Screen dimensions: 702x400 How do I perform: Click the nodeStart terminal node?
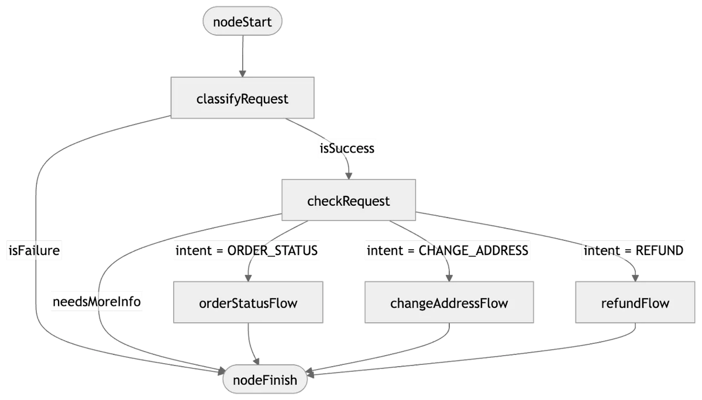[x=242, y=21]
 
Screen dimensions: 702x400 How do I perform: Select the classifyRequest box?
[x=243, y=98]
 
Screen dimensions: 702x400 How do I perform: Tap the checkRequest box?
[x=349, y=200]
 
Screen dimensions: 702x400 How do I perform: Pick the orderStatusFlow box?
[x=248, y=302]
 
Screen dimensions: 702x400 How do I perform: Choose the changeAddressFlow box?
[x=449, y=302]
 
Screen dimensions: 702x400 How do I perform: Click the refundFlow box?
[x=635, y=302]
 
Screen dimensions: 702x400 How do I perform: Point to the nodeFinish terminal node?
[x=265, y=379]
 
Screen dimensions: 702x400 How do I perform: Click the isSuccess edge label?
[x=347, y=148]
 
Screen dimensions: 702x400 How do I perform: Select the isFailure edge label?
[x=34, y=250]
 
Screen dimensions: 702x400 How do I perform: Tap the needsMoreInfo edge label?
[x=97, y=302]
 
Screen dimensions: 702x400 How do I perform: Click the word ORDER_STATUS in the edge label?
[x=273, y=251]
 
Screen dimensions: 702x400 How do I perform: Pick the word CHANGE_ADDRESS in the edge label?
[x=473, y=251]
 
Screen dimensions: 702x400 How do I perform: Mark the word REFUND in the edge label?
[x=659, y=251]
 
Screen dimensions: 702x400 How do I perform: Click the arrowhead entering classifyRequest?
[x=243, y=73]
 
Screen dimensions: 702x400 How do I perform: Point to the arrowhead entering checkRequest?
[x=349, y=175]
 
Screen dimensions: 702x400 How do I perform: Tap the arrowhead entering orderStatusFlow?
[x=248, y=278]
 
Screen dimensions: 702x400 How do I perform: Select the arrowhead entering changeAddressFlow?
[x=449, y=278]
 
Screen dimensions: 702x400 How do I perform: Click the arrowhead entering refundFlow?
[x=635, y=278]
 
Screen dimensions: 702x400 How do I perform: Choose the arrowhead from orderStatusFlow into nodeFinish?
[x=256, y=361]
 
